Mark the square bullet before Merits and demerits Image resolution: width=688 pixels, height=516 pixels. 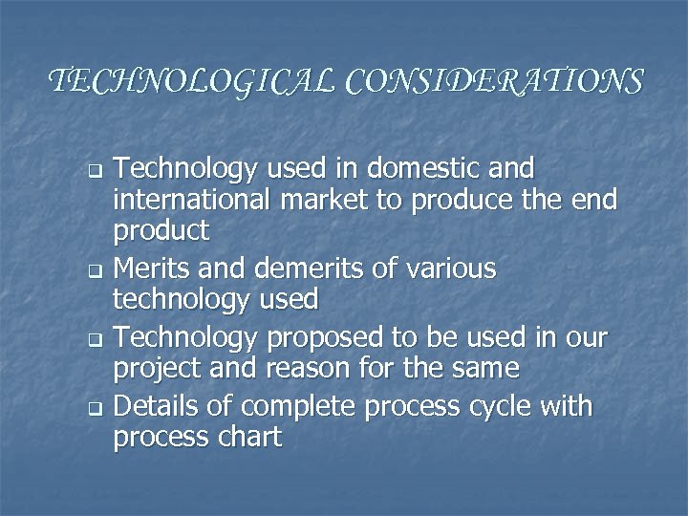tap(95, 270)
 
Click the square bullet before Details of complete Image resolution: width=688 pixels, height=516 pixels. tap(95, 409)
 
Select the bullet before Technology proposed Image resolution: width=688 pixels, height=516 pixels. tap(95, 340)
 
